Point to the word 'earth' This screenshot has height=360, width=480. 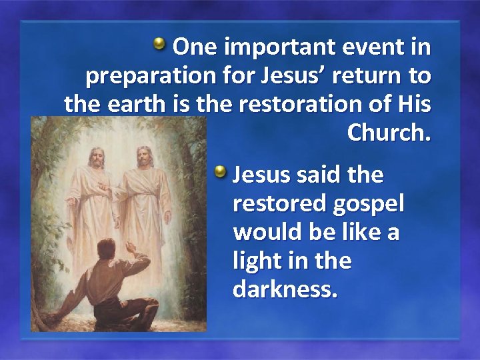coord(131,105)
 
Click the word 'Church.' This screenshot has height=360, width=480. coord(389,133)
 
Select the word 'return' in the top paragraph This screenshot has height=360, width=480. coord(369,77)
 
